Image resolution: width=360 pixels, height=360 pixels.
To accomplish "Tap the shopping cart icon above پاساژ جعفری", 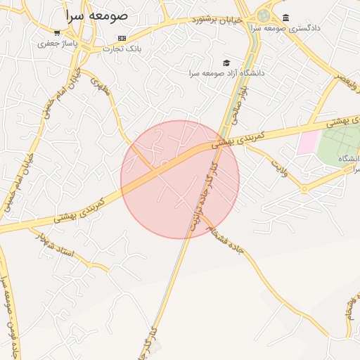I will (56, 32).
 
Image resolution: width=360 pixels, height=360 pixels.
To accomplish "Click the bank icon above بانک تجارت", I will (122, 38).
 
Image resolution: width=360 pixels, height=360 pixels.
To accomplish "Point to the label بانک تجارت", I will (122, 49).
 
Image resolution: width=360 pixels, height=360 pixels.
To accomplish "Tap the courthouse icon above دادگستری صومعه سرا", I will (285, 18).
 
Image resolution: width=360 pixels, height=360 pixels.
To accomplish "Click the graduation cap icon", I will (226, 63).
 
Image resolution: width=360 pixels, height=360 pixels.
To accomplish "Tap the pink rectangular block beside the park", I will (307, 143).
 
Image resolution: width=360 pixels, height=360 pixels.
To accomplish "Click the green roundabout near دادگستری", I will (264, 15).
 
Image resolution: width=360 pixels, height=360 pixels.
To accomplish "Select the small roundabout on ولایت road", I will (304, 189).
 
